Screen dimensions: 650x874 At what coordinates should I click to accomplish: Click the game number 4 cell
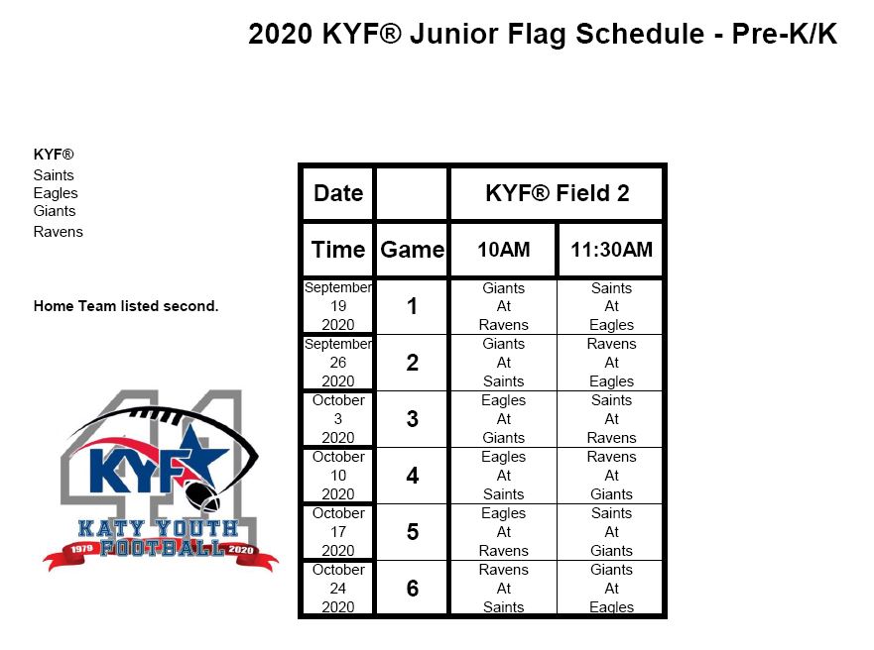412,476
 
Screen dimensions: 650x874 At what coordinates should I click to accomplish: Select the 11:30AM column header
611,250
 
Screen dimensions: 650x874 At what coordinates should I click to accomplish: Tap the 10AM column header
503,250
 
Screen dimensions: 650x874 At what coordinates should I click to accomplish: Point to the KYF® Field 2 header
557,193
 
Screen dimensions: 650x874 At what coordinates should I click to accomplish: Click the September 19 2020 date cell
338,306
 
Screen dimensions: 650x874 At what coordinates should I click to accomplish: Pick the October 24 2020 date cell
338,589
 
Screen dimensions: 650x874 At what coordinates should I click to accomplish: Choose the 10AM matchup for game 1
503,306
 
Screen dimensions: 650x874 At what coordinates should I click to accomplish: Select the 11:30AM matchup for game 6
611,589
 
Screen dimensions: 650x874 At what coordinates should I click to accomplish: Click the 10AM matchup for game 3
503,419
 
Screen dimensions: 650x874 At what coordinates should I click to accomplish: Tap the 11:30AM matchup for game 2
611,363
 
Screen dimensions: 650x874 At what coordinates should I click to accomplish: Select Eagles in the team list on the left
56,193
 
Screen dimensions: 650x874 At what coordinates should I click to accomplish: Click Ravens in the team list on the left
59,232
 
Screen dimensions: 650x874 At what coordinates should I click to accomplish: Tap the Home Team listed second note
126,306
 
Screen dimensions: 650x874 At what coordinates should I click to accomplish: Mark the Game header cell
412,250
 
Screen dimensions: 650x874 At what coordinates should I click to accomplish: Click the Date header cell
338,193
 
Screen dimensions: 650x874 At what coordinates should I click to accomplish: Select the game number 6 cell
412,589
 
